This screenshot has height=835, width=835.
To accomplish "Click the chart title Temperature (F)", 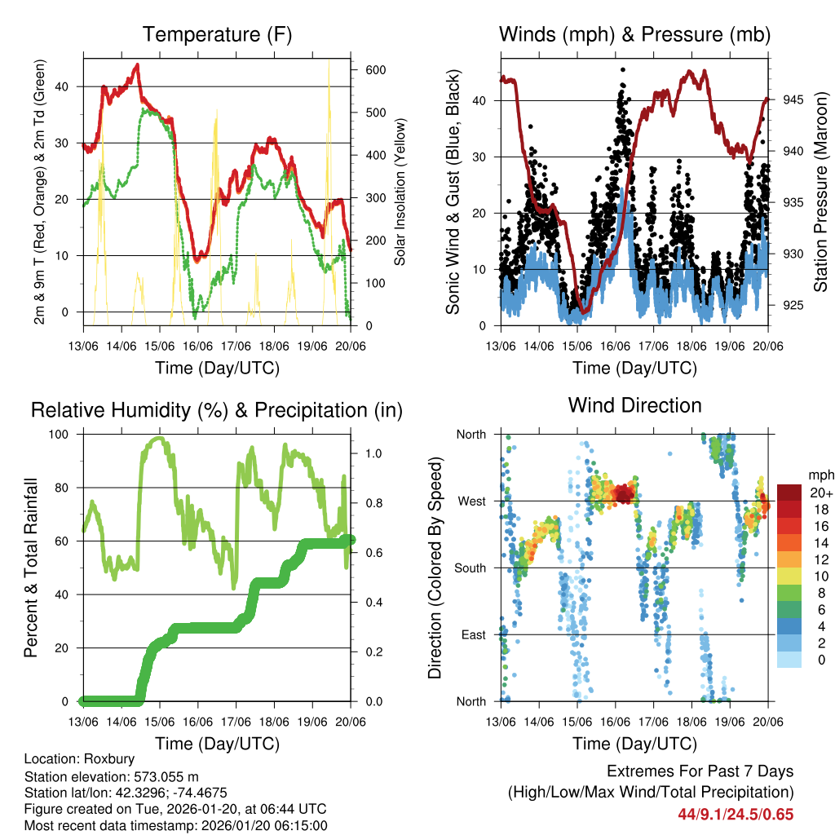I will click(217, 34).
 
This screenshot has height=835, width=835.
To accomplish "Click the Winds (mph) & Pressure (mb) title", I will click(634, 34).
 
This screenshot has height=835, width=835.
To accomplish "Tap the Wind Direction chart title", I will click(634, 405).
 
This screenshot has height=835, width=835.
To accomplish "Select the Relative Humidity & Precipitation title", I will click(217, 410).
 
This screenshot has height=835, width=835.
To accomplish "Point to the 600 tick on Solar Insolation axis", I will click(374, 70).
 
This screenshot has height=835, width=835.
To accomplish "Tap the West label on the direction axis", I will click(471, 501).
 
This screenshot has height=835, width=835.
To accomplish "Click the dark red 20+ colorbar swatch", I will click(789, 493).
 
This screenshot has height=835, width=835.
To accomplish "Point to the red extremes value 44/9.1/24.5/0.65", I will click(736, 814).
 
